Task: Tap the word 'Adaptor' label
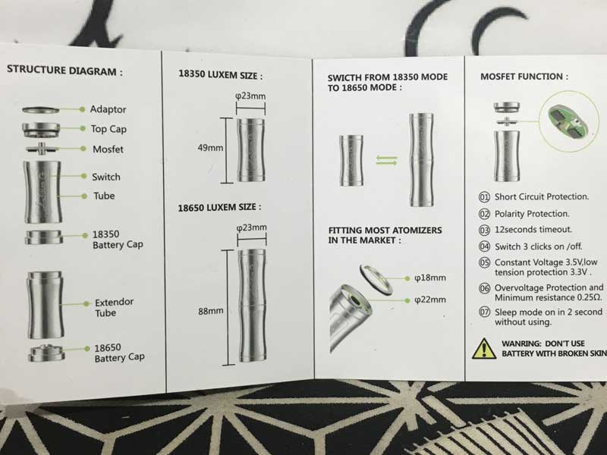click(x=108, y=110)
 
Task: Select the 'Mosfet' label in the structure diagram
click(x=107, y=149)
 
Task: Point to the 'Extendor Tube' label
click(x=114, y=308)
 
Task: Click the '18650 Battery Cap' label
click(x=119, y=352)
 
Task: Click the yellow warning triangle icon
click(x=483, y=348)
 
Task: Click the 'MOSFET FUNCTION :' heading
click(x=524, y=77)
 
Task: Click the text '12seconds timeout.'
click(x=533, y=229)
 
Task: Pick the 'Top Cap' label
click(x=109, y=129)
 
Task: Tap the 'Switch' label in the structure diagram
click(x=105, y=177)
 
